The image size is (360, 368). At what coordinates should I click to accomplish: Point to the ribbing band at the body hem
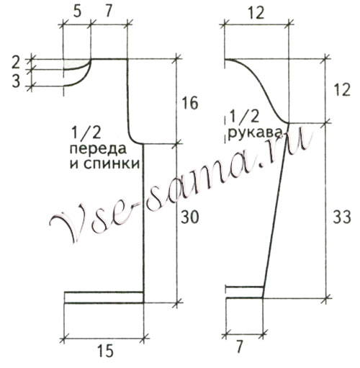[x=104, y=297]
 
